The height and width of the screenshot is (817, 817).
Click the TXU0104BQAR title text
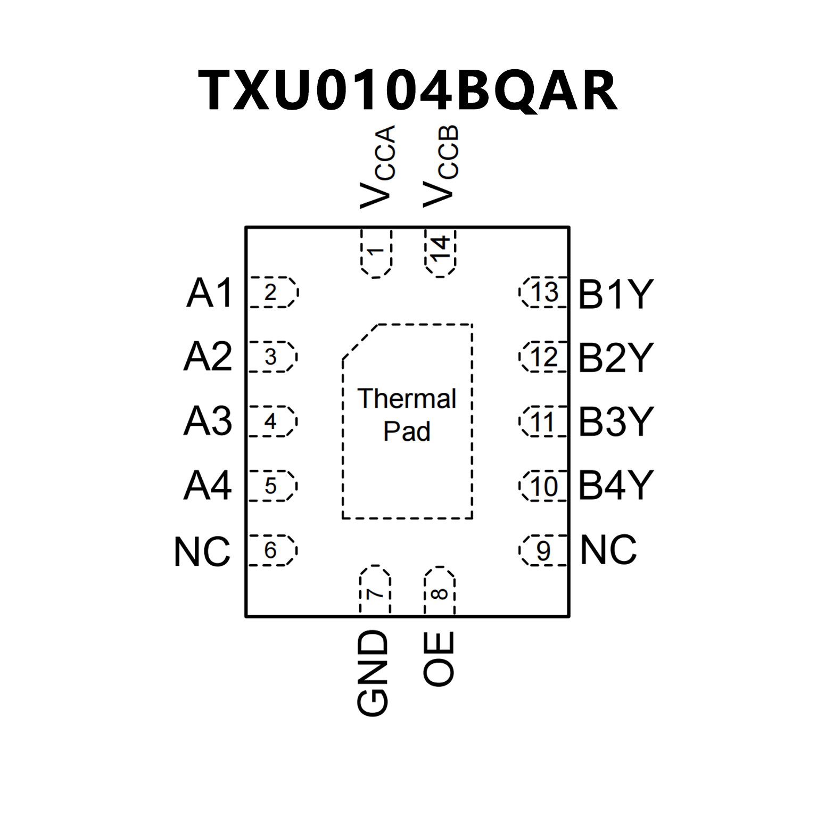[408, 90]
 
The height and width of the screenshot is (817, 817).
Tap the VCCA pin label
[377, 167]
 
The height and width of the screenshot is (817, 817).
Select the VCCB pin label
[440, 167]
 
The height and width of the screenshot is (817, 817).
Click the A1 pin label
[210, 293]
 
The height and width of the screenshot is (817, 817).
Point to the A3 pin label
[208, 421]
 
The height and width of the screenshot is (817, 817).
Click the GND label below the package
[373, 673]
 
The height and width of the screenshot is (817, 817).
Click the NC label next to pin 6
[202, 551]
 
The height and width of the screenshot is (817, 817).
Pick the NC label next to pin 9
[608, 550]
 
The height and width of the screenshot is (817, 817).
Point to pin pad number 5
[271, 486]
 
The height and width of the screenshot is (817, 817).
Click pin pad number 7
[375, 591]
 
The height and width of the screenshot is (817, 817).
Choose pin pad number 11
[543, 422]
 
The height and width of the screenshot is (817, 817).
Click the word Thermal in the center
[407, 399]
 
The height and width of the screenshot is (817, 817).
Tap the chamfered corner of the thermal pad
[360, 342]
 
